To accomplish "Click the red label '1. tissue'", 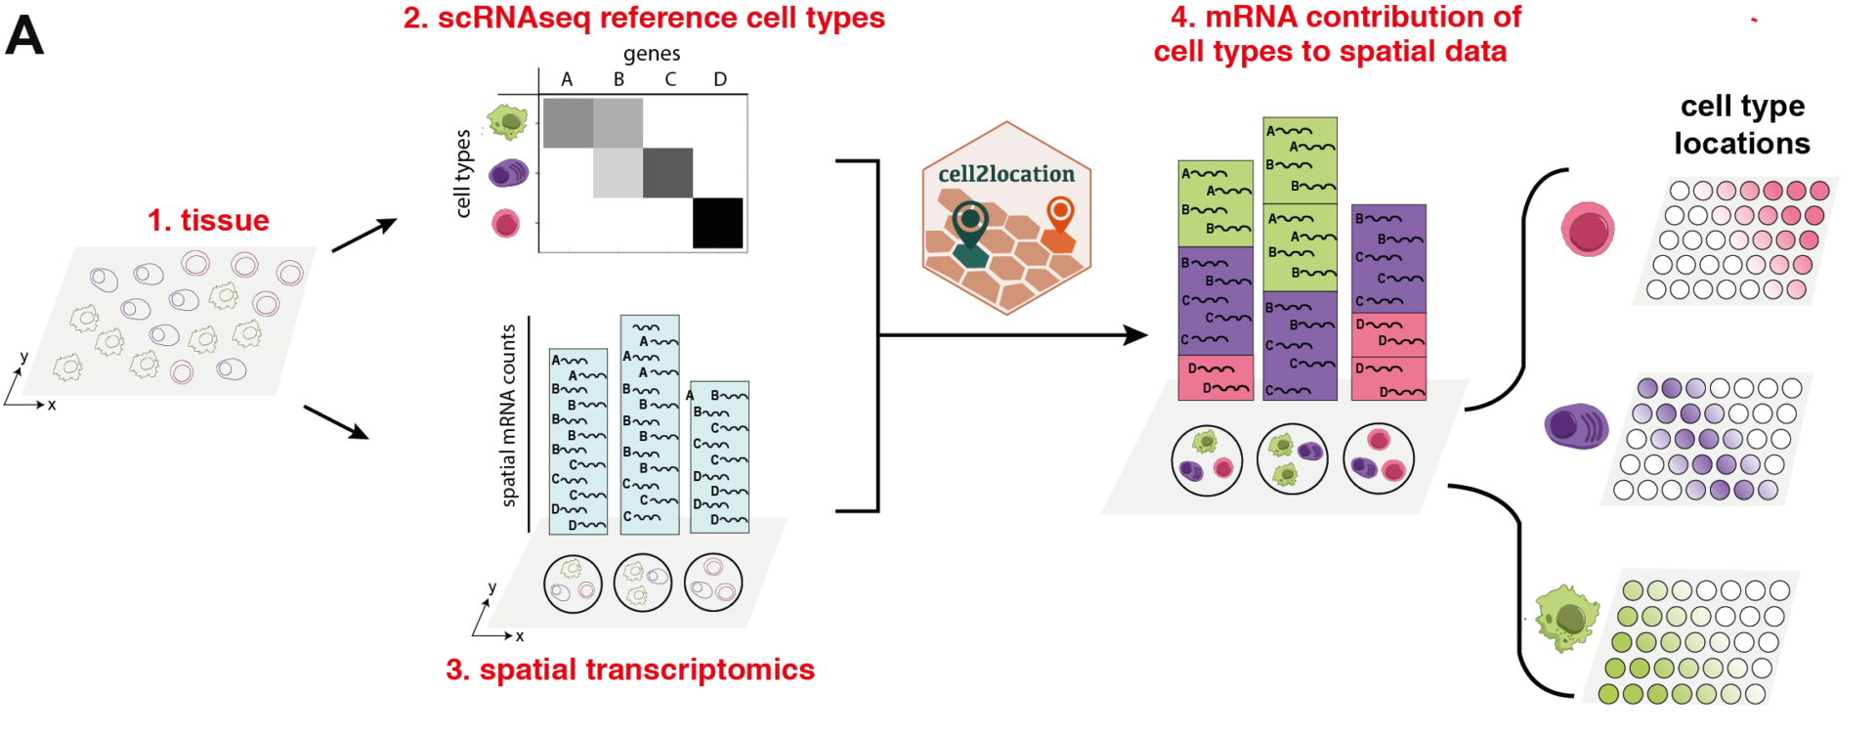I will pyautogui.click(x=208, y=221).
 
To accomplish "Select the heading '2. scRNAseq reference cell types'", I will pyautogui.click(x=644, y=19).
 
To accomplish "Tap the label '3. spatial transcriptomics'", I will pyautogui.click(x=630, y=670).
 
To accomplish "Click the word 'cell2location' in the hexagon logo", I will pyautogui.click(x=1005, y=174).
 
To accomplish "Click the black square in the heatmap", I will pyautogui.click(x=718, y=224).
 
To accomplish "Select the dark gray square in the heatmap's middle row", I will pyautogui.click(x=668, y=173).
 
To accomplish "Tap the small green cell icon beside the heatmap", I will pyautogui.click(x=508, y=121).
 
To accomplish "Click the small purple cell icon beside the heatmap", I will pyautogui.click(x=508, y=174).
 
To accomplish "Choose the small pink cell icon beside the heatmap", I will pyautogui.click(x=505, y=224).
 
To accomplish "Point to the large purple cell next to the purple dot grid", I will pyautogui.click(x=1575, y=426).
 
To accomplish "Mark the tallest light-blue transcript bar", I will pyautogui.click(x=650, y=424).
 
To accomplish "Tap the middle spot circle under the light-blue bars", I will pyautogui.click(x=642, y=583).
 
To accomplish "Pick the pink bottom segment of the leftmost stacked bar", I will pyautogui.click(x=1215, y=378).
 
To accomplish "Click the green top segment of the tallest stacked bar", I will pyautogui.click(x=1300, y=160).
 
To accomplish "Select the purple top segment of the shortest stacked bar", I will pyautogui.click(x=1388, y=259).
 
